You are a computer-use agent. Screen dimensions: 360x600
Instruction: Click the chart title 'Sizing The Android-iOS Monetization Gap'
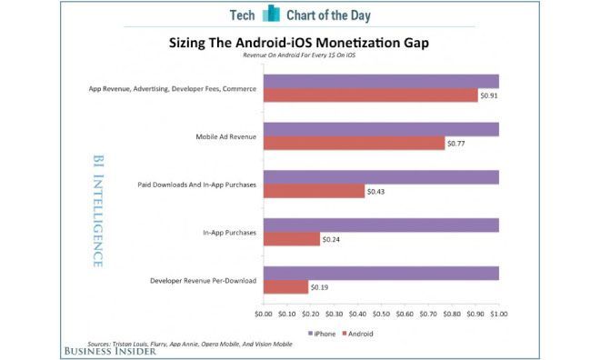(299, 42)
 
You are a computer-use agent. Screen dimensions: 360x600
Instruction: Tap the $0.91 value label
(490, 95)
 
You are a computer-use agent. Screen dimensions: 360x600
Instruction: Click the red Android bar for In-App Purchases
(291, 239)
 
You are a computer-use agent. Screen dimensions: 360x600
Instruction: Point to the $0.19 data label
(321, 287)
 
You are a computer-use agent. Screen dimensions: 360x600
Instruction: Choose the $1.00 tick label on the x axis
(498, 314)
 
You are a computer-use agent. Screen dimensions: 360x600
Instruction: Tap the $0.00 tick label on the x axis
(263, 314)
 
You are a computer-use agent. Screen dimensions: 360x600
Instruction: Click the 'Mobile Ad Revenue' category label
(225, 136)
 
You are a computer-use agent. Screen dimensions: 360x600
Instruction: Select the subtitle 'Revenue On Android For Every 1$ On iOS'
(299, 56)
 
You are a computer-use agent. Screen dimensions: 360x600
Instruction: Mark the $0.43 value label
(376, 191)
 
